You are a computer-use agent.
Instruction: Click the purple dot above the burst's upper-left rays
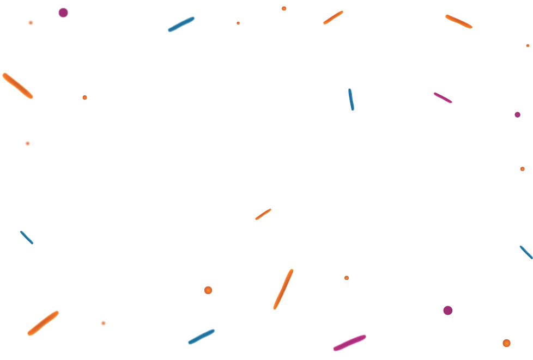click(x=63, y=12)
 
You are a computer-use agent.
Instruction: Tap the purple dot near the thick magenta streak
click(x=447, y=310)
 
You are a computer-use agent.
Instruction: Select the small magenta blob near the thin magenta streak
click(x=518, y=114)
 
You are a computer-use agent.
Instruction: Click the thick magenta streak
click(x=349, y=343)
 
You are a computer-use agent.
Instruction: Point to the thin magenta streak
click(x=443, y=98)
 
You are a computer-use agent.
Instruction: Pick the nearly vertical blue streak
click(x=351, y=100)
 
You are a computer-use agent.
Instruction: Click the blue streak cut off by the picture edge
click(x=526, y=252)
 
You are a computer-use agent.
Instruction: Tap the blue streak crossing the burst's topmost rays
click(x=181, y=24)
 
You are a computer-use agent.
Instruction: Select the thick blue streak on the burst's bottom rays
click(x=202, y=336)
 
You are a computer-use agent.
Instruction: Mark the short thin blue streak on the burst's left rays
click(x=27, y=237)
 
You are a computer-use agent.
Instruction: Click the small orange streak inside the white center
click(x=263, y=214)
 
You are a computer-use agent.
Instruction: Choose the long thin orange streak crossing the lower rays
click(x=283, y=289)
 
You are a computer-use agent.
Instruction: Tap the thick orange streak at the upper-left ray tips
click(x=17, y=86)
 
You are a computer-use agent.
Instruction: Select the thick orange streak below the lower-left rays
click(x=43, y=323)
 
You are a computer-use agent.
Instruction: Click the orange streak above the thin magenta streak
click(x=459, y=22)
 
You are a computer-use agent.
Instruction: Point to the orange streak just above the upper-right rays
click(x=333, y=17)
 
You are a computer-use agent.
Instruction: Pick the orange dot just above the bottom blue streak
click(x=208, y=290)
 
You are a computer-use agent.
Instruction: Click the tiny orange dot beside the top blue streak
click(x=238, y=23)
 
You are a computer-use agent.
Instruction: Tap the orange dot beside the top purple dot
click(x=31, y=22)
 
